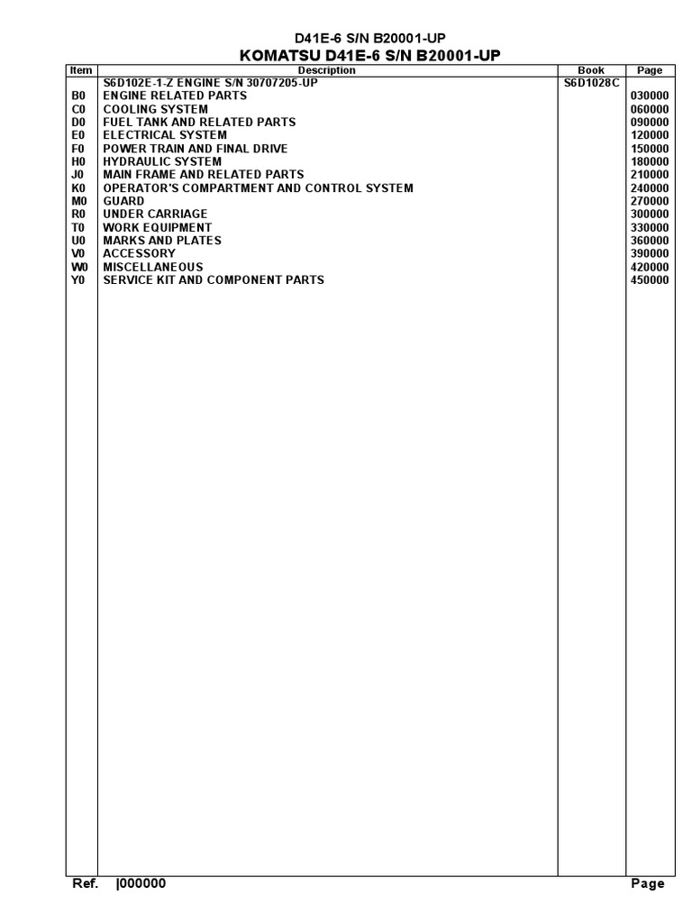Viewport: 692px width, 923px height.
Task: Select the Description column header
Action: pos(326,70)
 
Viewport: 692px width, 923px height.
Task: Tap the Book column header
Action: pos(590,70)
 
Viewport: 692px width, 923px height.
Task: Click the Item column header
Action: pos(81,70)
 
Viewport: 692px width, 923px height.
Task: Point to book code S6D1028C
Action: pos(587,83)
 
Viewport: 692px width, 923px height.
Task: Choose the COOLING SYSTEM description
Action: pos(155,109)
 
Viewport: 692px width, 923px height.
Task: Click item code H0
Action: pos(77,161)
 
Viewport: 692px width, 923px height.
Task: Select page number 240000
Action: pos(650,188)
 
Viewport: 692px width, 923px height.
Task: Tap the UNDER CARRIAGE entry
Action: pos(155,215)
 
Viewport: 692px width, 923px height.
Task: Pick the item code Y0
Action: pos(77,280)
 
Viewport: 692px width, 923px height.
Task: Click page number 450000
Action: pos(650,280)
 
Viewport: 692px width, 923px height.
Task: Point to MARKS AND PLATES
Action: pos(162,241)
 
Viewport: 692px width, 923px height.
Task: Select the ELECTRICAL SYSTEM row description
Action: pos(165,135)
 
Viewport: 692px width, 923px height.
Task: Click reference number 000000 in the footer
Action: pos(141,884)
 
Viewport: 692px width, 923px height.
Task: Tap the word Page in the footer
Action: pos(648,884)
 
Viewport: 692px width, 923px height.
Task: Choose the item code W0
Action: pos(77,267)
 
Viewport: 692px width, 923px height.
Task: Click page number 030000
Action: pos(650,96)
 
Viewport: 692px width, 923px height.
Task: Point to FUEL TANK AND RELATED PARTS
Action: pos(199,122)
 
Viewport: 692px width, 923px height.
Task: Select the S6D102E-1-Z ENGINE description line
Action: pos(210,83)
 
